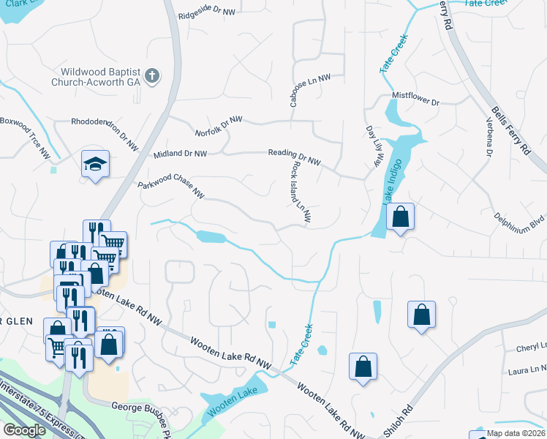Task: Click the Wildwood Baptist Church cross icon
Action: (152, 76)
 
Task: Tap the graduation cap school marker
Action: (94, 165)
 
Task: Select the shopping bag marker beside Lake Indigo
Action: (400, 217)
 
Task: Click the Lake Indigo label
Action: (391, 183)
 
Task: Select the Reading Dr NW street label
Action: (294, 156)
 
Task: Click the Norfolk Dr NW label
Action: (219, 127)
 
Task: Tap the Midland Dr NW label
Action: (180, 154)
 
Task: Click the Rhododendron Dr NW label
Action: (105, 130)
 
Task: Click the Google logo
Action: (24, 430)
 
